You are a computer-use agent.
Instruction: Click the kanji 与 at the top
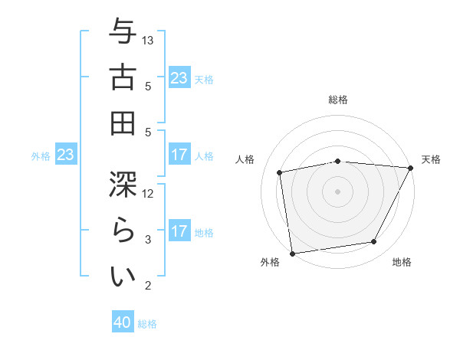pos(123,31)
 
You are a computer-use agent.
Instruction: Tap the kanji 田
pos(123,123)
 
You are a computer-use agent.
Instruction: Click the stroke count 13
pos(149,40)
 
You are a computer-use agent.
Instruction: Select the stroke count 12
pos(149,193)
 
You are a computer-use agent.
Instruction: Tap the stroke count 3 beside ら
pos(149,240)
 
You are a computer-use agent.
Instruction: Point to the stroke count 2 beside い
pos(149,286)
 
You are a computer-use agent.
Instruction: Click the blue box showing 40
pos(123,323)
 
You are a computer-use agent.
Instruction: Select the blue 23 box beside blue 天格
pos(179,78)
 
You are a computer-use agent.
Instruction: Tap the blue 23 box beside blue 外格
pos(66,155)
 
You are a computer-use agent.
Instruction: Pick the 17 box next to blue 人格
pos(179,155)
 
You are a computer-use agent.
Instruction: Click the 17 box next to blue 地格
pos(179,232)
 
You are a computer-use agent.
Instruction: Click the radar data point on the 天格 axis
pos(411,168)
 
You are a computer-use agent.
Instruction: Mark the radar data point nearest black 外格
pos(292,253)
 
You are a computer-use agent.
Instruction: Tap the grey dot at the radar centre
pos(337,191)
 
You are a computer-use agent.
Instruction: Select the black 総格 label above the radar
pos(337,100)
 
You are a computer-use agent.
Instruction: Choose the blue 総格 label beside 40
pos(147,324)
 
